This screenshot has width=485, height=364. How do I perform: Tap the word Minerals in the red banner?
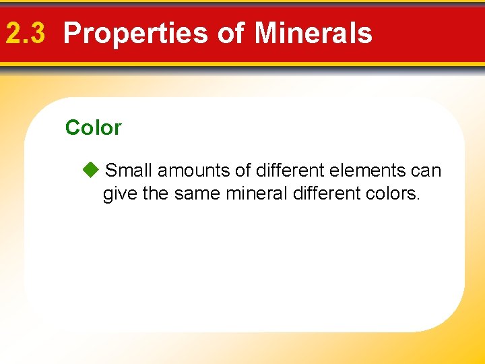tap(314, 33)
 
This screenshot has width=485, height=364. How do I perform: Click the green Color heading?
tap(93, 127)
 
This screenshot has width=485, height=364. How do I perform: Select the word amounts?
tap(194, 171)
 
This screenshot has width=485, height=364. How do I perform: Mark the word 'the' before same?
tap(156, 195)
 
